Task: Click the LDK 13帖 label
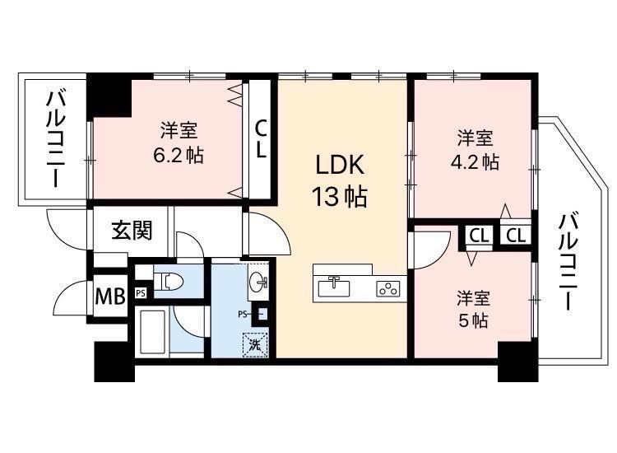pyautogui.click(x=340, y=180)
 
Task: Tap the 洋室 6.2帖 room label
pyautogui.click(x=179, y=142)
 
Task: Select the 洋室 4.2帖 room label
pyautogui.click(x=475, y=150)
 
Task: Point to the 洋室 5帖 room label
pyautogui.click(x=473, y=310)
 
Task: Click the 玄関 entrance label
pyautogui.click(x=132, y=230)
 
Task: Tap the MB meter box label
pyautogui.click(x=110, y=297)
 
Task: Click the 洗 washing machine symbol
pyautogui.click(x=255, y=345)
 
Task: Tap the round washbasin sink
pyautogui.click(x=257, y=282)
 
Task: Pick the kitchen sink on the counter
pyautogui.click(x=334, y=287)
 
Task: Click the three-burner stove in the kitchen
pyautogui.click(x=388, y=288)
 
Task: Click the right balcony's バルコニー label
pyautogui.click(x=567, y=261)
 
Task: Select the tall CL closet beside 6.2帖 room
pyautogui.click(x=261, y=139)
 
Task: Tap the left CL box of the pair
pyautogui.click(x=479, y=236)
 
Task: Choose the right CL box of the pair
pyautogui.click(x=516, y=236)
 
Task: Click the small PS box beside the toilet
pyautogui.click(x=141, y=293)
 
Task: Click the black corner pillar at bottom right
pyautogui.click(x=517, y=362)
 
